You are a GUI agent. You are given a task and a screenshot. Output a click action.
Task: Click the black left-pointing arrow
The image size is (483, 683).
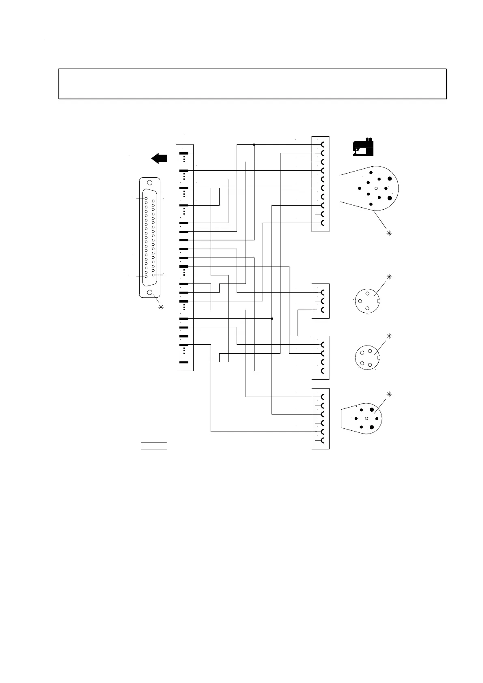pos(160,159)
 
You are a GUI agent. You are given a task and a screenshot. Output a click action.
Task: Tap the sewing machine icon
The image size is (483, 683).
pos(363,147)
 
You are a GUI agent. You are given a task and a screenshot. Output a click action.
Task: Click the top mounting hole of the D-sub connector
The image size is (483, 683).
pos(150,183)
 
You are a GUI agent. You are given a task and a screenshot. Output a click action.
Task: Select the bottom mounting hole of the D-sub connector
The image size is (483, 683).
pos(150,292)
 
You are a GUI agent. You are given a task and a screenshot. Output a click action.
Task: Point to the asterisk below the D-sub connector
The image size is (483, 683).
pos(161,307)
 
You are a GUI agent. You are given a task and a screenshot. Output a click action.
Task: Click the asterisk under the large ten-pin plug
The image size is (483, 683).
pos(389,233)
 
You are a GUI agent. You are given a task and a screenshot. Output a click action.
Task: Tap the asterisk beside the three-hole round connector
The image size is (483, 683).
pos(389,277)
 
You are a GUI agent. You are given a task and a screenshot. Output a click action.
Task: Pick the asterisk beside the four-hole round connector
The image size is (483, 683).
pos(389,336)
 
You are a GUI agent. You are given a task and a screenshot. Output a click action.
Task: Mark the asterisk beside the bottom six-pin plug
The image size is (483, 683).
pos(389,394)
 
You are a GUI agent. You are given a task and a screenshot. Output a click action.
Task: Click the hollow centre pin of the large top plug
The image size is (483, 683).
pos(376,188)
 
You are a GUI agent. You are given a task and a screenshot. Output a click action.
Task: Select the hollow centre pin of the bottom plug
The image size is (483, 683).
pos(367,418)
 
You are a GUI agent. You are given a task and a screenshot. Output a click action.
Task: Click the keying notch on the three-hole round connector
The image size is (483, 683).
pos(378,301)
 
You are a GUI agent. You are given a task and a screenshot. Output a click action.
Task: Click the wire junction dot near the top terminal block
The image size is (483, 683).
pos(254,144)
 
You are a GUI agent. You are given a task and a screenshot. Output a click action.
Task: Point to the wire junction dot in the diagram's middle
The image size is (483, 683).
pos(272,318)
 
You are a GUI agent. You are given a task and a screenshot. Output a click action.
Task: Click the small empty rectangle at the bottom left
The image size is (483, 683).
pos(154,446)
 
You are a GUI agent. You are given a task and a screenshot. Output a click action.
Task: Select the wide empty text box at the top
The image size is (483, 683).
pos(252,84)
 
